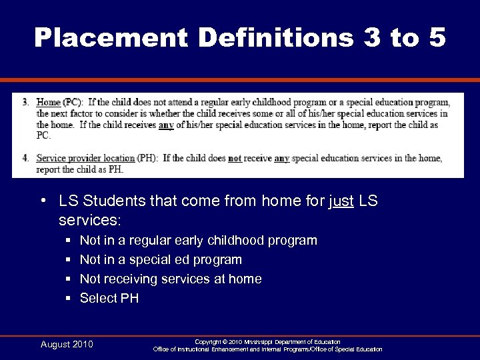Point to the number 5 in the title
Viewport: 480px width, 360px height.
[x=437, y=37]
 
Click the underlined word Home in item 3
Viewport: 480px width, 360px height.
[x=49, y=103]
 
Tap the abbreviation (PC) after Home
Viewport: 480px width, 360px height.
[x=73, y=103]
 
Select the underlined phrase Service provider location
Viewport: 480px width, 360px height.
[x=85, y=159]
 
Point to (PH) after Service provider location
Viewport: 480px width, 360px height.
[x=147, y=159]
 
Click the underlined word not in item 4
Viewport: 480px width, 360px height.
[x=235, y=159]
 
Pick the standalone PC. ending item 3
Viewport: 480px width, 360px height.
[x=43, y=135]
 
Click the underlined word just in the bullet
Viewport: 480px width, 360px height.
[x=341, y=201]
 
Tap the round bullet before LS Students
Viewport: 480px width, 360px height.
[x=43, y=201]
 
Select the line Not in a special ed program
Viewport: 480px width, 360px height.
[x=161, y=259]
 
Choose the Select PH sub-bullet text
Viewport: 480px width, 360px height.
[x=109, y=298]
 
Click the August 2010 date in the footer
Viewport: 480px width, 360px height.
[x=67, y=345]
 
